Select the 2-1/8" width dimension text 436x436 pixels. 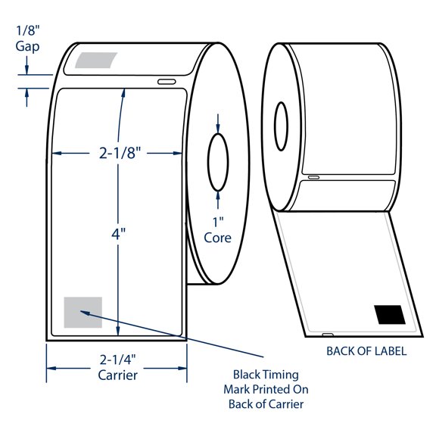coord(119,153)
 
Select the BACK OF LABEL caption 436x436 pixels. coord(366,351)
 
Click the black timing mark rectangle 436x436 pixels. coord(389,314)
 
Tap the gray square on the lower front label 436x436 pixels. coord(83,312)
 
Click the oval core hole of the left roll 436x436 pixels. coord(218,160)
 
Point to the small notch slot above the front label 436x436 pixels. coord(166,81)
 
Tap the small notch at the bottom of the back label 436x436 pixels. coord(328,333)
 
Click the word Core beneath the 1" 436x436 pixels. coord(217,237)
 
